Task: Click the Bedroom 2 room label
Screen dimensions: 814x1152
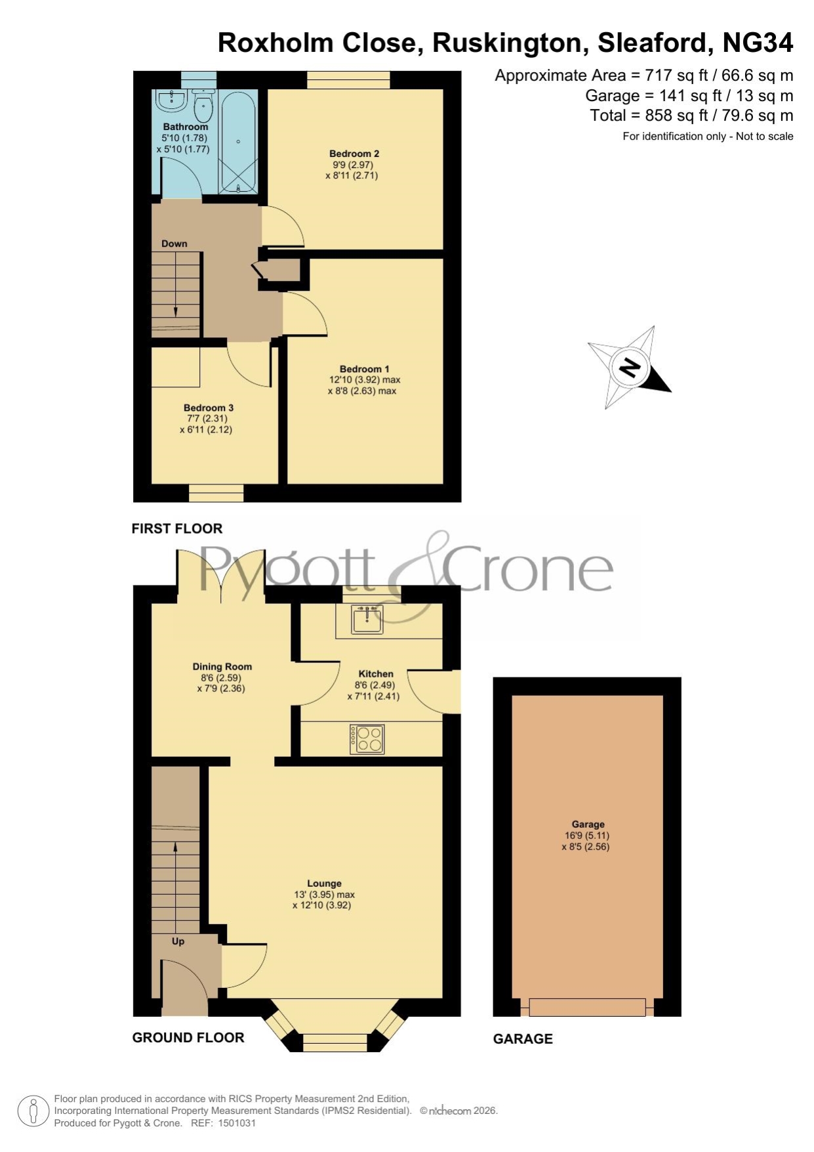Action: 354,154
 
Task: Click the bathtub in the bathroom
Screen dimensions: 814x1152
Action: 237,142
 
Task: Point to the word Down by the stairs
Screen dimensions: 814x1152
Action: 174,244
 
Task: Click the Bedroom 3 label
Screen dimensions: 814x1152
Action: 209,408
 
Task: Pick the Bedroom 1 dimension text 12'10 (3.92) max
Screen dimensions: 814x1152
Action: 365,380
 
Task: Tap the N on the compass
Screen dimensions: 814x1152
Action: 629,368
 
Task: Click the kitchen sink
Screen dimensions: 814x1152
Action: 367,619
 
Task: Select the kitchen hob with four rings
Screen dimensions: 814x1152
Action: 367,738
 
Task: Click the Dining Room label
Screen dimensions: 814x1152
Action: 222,667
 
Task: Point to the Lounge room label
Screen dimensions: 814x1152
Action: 324,884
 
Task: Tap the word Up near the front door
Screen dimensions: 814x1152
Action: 178,941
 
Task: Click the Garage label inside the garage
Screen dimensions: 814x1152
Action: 588,824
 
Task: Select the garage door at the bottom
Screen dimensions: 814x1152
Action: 587,1007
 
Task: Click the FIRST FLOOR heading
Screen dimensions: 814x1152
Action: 177,528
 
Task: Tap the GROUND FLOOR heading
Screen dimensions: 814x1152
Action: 188,1037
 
